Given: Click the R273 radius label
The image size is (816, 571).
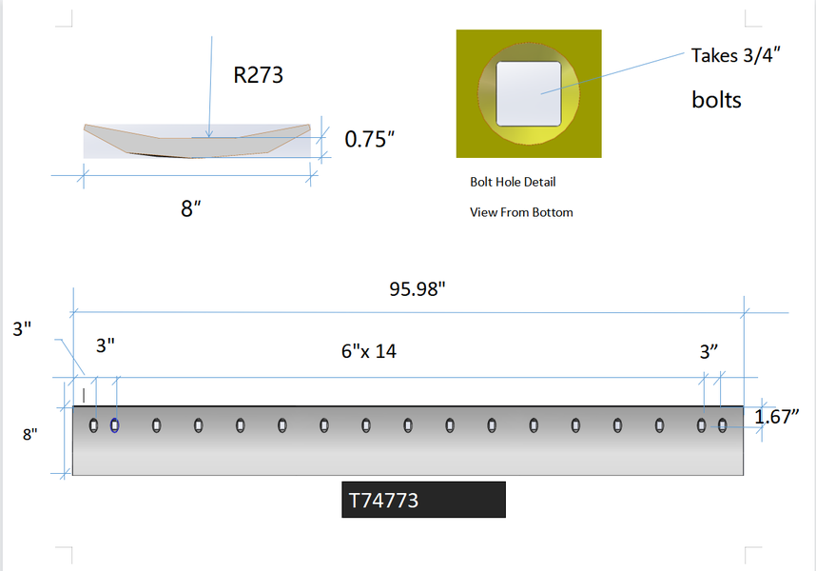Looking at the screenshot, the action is point(258,75).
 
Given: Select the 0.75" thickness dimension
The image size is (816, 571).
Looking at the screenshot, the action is point(370,139).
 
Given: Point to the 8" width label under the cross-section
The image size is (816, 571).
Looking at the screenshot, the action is point(190,208).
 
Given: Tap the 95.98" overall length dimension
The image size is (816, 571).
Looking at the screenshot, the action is point(418,289).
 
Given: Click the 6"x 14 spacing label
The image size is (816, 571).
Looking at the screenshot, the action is point(368,351).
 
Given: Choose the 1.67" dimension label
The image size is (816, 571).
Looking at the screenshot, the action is point(776,417).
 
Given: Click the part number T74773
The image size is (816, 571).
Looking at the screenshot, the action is point(383,501).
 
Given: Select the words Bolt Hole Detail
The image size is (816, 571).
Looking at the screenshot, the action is point(513,182).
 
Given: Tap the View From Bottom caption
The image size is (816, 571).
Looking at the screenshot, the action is point(521,212).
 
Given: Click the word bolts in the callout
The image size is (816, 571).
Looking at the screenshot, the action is point(716,100).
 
